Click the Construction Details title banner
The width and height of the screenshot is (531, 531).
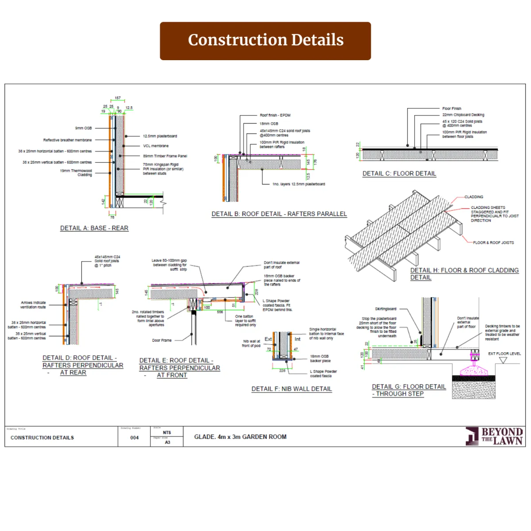(265, 41)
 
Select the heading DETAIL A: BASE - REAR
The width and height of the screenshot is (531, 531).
(94, 228)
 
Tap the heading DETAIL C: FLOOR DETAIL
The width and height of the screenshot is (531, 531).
(399, 173)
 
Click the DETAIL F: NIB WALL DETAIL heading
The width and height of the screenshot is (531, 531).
(292, 389)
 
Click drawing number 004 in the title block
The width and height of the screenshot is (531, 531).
(135, 438)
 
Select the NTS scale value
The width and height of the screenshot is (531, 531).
(167, 433)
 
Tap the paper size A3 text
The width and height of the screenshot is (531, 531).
(167, 442)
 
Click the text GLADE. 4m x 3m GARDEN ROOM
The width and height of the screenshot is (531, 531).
(240, 437)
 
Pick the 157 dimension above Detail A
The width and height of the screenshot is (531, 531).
(118, 98)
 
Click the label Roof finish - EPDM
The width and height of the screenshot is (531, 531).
(275, 115)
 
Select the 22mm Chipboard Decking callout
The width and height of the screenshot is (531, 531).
(463, 115)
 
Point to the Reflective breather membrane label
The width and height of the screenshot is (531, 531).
(68, 140)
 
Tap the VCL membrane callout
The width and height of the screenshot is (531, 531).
(156, 146)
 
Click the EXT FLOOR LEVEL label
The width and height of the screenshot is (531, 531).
(504, 354)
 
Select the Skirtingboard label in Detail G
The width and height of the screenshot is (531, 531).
(385, 309)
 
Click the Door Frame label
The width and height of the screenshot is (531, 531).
(162, 340)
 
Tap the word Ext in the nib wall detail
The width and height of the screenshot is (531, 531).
(268, 339)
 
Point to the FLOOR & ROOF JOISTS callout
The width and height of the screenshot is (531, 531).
(493, 242)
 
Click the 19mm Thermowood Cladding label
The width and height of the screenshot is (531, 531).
(76, 173)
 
